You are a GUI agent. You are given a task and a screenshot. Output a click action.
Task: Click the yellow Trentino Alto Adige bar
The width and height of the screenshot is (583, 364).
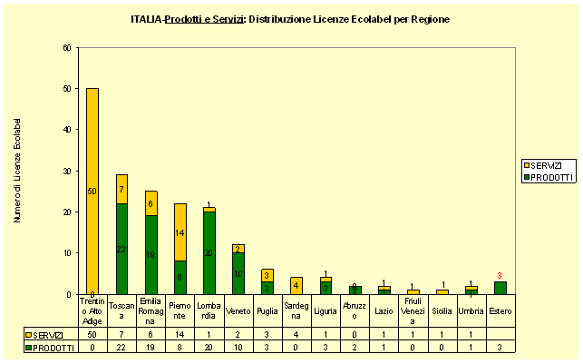(92, 191)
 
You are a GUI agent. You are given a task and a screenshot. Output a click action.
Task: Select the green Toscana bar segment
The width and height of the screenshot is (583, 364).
(121, 249)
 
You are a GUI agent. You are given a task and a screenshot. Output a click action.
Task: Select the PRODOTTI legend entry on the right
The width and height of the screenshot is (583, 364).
(549, 177)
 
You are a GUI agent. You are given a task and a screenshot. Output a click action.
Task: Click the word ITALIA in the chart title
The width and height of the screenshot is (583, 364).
(146, 18)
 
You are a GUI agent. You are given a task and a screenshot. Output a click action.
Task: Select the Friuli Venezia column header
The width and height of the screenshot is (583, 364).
(413, 310)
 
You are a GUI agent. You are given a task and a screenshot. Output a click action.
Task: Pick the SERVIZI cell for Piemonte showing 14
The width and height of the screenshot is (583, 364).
(180, 334)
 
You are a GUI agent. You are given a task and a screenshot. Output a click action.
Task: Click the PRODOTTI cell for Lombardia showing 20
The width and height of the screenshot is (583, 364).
(209, 346)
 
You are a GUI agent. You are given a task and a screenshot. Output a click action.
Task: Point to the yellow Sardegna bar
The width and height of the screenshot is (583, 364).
(296, 286)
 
